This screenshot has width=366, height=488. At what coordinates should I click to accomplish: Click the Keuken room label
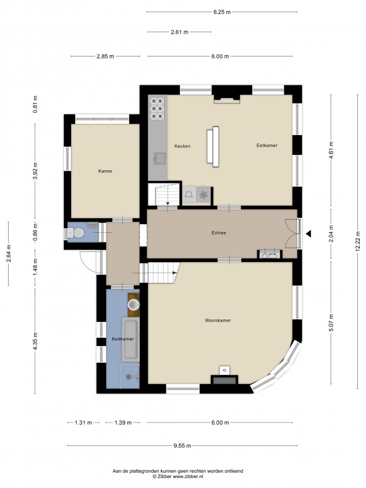(x=183, y=146)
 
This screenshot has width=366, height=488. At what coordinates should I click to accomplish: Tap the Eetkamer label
(x=267, y=145)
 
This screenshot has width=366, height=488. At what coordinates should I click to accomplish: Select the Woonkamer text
(x=218, y=320)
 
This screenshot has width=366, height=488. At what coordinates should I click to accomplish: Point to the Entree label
(x=219, y=233)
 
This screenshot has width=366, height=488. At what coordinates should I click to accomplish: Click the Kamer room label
(x=105, y=171)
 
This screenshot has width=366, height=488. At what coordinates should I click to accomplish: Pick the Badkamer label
(x=122, y=339)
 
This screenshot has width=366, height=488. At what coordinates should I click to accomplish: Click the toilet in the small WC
(x=75, y=233)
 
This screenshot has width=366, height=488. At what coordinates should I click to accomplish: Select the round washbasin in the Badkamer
(x=134, y=305)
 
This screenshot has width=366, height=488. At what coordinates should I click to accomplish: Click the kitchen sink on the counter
(x=160, y=159)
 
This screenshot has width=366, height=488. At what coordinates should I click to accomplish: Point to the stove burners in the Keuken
(x=157, y=108)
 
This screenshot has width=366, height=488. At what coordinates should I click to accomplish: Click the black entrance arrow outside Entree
(x=309, y=234)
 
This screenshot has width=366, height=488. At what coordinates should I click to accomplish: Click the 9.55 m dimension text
(x=183, y=446)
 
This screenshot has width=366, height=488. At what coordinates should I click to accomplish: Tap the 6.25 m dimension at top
(x=222, y=12)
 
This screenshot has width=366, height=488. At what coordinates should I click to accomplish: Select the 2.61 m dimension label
(x=179, y=32)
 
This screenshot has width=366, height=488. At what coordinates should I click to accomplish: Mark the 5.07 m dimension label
(x=331, y=323)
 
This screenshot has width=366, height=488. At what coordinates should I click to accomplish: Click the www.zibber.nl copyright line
(x=178, y=476)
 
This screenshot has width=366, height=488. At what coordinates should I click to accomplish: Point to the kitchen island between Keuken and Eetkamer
(x=213, y=146)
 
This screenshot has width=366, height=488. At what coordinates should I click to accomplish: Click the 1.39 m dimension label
(x=123, y=422)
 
